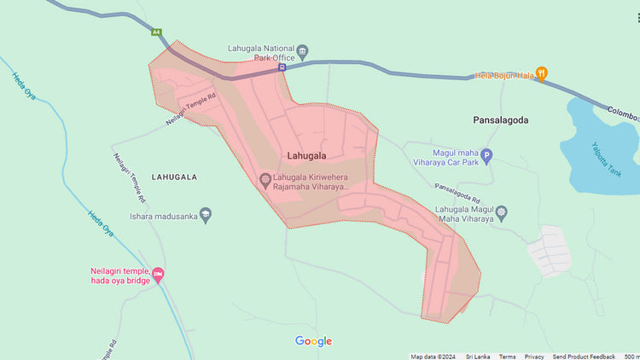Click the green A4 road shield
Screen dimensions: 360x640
[156, 32]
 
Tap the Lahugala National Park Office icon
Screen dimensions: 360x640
[303, 52]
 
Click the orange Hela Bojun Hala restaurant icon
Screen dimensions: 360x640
[541, 74]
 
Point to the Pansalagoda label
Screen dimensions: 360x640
[500, 120]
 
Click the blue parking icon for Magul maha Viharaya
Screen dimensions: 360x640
[487, 155]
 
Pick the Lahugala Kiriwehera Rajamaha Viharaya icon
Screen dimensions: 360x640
[265, 179]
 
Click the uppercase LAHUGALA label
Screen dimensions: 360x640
[174, 177]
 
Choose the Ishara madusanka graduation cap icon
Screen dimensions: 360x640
[205, 214]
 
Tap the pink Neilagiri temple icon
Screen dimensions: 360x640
[158, 274]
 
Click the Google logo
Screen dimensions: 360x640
[313, 341]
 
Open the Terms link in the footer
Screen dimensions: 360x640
[507, 357]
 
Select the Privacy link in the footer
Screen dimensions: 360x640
[534, 357]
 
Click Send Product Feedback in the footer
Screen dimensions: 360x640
[584, 357]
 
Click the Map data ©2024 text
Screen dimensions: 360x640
[433, 357]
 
